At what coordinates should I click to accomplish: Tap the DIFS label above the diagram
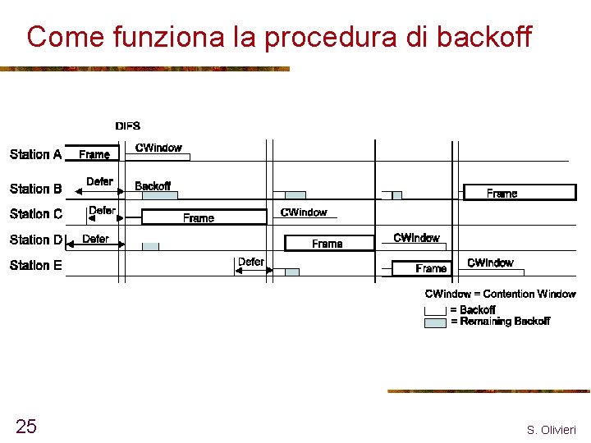point(127,126)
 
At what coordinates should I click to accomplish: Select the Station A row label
point(35,154)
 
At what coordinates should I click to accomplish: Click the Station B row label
point(35,189)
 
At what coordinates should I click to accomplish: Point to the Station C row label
point(35,214)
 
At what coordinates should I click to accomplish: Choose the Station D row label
point(35,240)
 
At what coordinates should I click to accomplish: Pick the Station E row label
point(35,265)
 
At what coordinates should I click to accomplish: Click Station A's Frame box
point(94,154)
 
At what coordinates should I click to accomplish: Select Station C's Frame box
point(204,217)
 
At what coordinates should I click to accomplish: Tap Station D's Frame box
point(328,244)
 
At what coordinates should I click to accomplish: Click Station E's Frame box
point(422,268)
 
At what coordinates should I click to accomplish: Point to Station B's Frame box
point(519,194)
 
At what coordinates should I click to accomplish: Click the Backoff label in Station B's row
point(153,186)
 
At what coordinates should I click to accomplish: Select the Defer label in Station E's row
point(250,262)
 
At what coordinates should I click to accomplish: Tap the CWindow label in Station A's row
point(158,148)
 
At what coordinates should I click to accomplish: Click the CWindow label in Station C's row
point(304,212)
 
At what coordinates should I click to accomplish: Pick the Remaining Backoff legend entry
point(500,322)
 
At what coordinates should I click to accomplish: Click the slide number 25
point(26,426)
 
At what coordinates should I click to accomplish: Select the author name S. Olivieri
point(551,430)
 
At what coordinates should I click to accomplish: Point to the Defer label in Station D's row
point(95,239)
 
